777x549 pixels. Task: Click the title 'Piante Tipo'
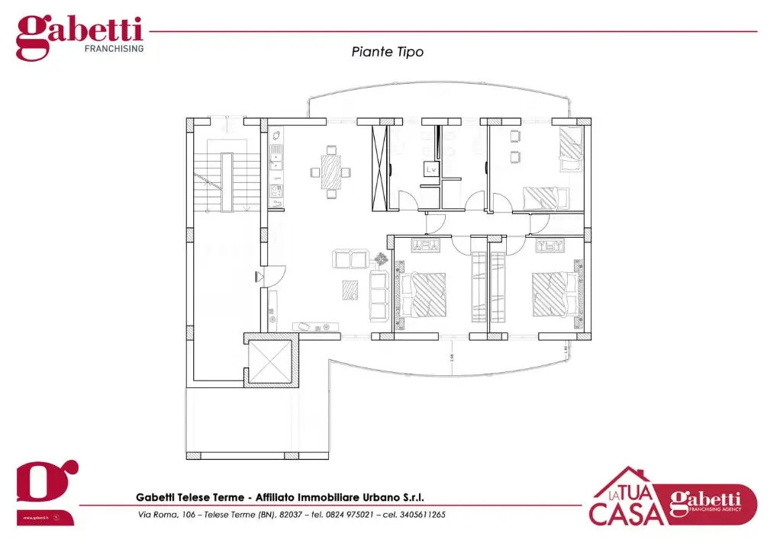[387, 52]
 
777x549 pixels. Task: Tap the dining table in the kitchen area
[331, 172]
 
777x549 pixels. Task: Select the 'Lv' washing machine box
[431, 171]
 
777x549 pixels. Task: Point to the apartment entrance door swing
[276, 274]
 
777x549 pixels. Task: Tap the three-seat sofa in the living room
[379, 294]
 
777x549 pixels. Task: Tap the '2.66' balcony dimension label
[452, 356]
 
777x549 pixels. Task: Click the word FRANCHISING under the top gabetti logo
[114, 48]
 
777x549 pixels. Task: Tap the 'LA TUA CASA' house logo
[626, 499]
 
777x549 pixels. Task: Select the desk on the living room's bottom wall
[316, 326]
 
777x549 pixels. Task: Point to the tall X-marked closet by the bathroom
[379, 166]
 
